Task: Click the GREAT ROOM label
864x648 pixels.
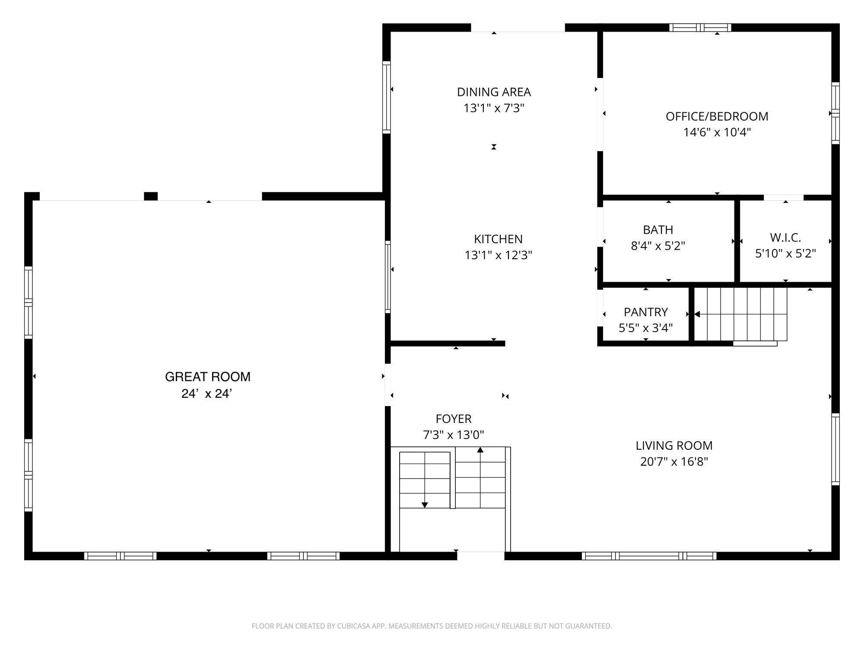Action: point(208,377)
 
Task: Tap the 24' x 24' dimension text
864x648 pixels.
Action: point(207,394)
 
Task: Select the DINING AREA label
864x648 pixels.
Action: point(494,92)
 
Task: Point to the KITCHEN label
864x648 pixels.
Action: point(498,239)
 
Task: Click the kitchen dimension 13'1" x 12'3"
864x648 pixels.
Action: point(498,255)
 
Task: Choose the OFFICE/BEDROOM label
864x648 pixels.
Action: point(717,116)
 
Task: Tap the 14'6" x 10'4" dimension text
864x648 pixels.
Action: point(717,132)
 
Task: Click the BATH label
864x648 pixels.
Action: point(658,229)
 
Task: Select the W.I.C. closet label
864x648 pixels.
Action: point(785,238)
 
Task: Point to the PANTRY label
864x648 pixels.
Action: point(646,312)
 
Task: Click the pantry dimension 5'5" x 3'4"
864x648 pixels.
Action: point(646,328)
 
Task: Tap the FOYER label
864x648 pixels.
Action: point(454,419)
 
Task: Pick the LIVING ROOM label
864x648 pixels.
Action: point(674,445)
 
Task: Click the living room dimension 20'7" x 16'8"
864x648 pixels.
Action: point(674,461)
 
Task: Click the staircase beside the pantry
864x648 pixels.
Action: point(740,314)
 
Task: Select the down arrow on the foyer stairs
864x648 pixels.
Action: point(425,505)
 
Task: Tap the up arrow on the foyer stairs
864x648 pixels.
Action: point(480,450)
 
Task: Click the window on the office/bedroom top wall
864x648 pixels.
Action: point(700,28)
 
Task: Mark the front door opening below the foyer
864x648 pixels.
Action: point(481,556)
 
